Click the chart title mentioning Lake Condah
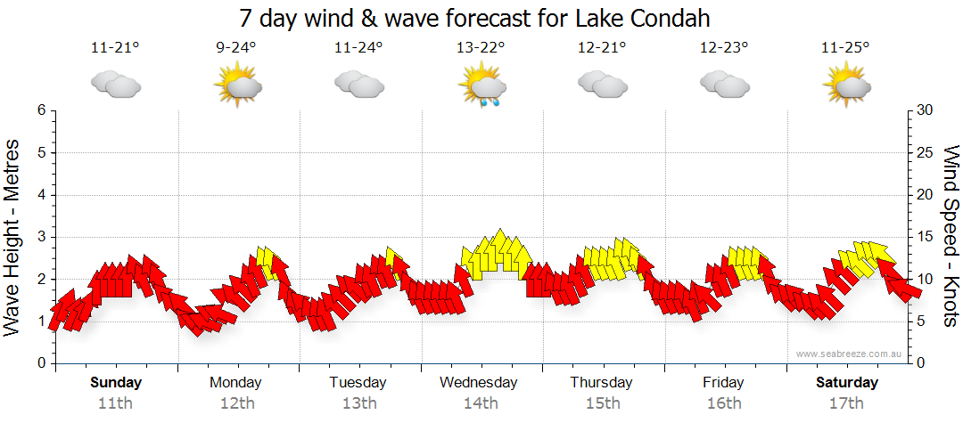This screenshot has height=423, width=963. [x=474, y=19]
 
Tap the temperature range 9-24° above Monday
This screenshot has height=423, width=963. [x=236, y=48]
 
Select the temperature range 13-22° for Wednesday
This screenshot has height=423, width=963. [x=481, y=48]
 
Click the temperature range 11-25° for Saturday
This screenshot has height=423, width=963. [x=846, y=48]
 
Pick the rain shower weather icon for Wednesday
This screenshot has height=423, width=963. [x=482, y=87]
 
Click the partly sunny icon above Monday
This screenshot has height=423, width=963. [x=237, y=86]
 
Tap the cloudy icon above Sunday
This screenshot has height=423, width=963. [x=116, y=85]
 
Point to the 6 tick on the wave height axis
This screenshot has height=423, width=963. [x=40, y=110]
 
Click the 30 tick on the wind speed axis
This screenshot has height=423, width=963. [x=925, y=110]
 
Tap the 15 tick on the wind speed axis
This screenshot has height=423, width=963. [x=925, y=237]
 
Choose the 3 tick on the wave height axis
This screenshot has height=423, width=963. [x=40, y=237]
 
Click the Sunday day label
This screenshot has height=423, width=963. [x=116, y=383]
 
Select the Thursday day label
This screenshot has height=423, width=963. [x=601, y=383]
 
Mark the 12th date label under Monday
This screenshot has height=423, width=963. [x=236, y=403]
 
